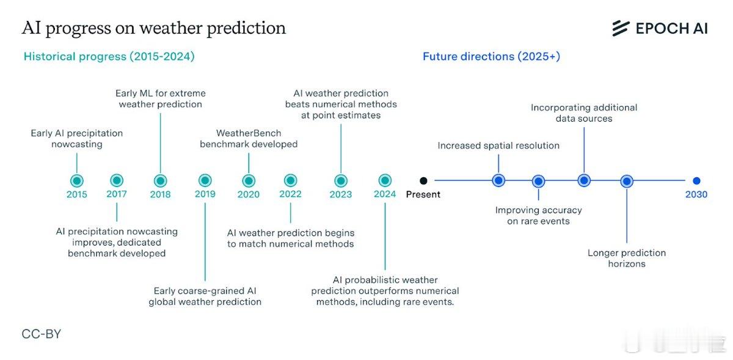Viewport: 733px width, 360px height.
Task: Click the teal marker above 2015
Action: tap(77, 180)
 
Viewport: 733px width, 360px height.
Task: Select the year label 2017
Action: tap(117, 194)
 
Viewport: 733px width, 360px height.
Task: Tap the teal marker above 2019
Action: tap(205, 180)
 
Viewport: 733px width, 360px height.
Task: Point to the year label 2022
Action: tap(290, 194)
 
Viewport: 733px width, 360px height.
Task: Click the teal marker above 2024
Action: tap(385, 180)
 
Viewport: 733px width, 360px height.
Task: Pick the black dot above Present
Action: tap(423, 180)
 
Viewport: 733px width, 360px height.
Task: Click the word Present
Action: tap(423, 194)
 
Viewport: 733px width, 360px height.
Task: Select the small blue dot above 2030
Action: tap(697, 180)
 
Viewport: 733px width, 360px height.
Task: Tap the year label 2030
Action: tap(696, 194)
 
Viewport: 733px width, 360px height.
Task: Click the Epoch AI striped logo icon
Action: tap(621, 29)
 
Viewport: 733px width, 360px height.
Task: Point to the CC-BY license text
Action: tap(42, 334)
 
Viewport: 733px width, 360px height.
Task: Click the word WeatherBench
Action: tap(249, 133)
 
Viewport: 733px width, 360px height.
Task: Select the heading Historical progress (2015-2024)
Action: tap(109, 56)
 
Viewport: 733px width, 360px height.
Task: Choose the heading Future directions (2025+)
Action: tap(492, 56)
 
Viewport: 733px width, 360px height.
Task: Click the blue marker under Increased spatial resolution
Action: tap(498, 180)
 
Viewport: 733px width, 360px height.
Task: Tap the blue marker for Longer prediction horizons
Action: tap(627, 181)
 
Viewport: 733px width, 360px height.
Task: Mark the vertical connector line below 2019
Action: tap(205, 242)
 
